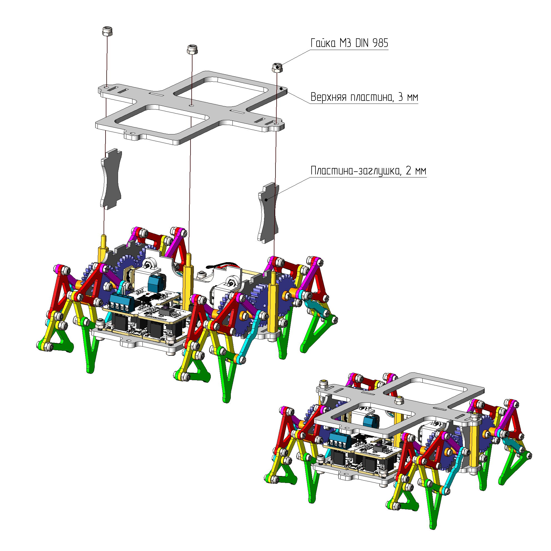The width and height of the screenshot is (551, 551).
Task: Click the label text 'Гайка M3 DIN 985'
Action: [x=349, y=43]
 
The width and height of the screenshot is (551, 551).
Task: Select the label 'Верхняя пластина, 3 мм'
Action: [x=364, y=97]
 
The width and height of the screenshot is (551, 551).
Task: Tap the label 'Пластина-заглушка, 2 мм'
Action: [x=369, y=171]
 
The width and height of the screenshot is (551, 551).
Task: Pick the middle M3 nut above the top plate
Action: [x=192, y=49]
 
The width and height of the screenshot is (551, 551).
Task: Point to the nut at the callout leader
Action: [x=277, y=68]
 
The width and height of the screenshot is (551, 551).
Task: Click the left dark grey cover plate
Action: [x=111, y=179]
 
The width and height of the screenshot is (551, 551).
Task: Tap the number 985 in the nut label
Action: [x=380, y=43]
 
